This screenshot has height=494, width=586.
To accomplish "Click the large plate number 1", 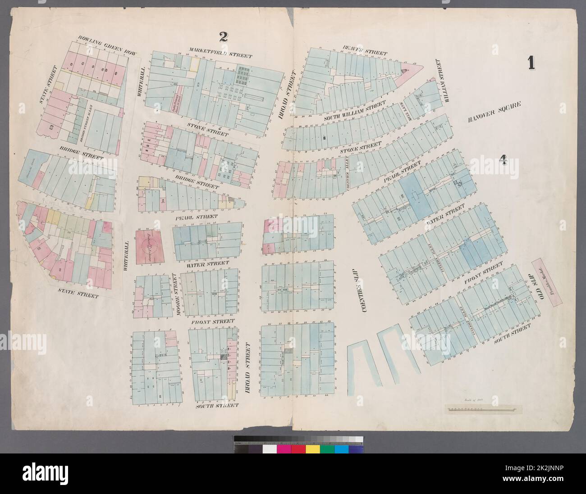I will (x=531, y=61).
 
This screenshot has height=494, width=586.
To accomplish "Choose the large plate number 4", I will (x=503, y=160).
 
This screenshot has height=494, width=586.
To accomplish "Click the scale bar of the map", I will (x=483, y=409).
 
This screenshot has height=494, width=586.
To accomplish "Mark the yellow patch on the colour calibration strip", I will (x=312, y=449).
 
